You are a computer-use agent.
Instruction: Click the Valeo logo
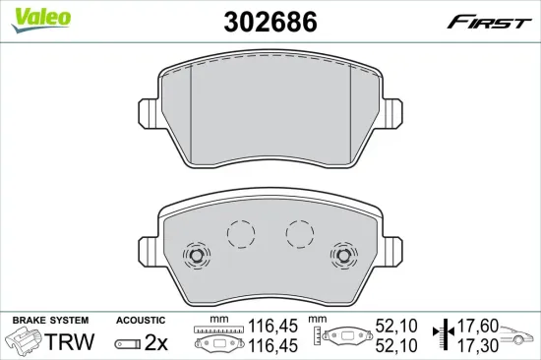pyautogui.click(x=40, y=20)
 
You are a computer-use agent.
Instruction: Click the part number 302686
pyautogui.click(x=270, y=22)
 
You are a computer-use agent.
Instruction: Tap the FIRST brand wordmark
pyautogui.click(x=489, y=23)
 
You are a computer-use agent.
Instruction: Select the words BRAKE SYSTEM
pyautogui.click(x=50, y=321)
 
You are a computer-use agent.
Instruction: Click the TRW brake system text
pyautogui.click(x=70, y=341)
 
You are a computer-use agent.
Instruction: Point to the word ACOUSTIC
pyautogui.click(x=141, y=321)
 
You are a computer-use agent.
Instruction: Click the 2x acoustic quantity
pyautogui.click(x=156, y=342)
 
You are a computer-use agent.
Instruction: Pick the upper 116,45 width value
pyautogui.click(x=272, y=326)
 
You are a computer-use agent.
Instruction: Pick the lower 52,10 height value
pyautogui.click(x=396, y=345)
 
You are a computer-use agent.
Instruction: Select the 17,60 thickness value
pyautogui.click(x=478, y=326)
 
